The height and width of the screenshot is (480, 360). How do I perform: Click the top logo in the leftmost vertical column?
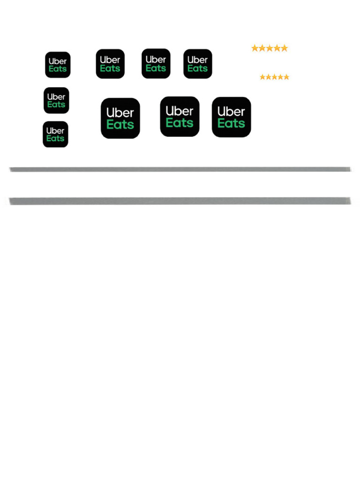[58, 65]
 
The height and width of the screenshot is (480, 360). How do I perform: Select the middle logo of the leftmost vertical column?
[56, 100]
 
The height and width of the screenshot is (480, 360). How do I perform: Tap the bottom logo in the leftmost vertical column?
[55, 135]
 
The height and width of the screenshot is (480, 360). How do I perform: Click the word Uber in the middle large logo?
[180, 111]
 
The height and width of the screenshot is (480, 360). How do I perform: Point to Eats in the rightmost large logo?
[231, 123]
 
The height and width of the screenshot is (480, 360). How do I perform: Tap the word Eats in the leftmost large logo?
[120, 125]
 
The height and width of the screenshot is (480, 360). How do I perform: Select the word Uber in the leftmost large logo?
[120, 112]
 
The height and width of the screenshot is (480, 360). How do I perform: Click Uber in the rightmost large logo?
[231, 112]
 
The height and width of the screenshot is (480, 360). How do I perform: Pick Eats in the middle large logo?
[180, 123]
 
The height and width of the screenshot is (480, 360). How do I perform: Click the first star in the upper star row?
[255, 48]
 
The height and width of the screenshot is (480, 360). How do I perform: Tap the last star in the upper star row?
[284, 48]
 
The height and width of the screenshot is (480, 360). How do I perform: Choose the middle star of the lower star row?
[275, 77]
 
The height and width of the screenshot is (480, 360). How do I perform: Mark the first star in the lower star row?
[263, 77]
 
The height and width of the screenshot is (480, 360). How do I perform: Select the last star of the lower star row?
[286, 77]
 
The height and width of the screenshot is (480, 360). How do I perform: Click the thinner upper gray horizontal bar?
[180, 169]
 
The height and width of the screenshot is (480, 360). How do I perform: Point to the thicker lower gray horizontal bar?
[180, 201]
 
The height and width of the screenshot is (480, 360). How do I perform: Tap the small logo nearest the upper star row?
[198, 64]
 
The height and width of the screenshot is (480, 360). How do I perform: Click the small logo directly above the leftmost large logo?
[110, 64]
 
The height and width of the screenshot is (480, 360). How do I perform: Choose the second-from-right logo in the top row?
[156, 64]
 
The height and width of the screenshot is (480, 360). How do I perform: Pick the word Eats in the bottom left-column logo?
[55, 139]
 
